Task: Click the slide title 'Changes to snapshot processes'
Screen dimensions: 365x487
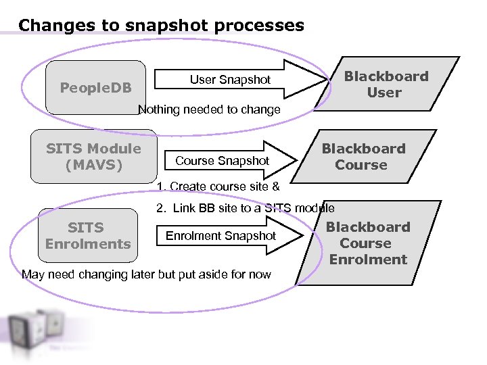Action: [161, 26]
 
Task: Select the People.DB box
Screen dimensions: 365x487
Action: [95, 87]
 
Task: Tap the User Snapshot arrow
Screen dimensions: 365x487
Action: [230, 80]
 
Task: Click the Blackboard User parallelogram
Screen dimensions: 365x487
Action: [386, 84]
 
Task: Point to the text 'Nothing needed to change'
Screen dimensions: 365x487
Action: [209, 109]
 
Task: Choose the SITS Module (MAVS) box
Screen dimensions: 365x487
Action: [93, 157]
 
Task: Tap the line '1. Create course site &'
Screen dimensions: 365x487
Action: [218, 187]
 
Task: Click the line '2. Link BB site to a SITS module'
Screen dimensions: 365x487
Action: [245, 208]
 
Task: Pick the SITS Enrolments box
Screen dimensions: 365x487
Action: [88, 235]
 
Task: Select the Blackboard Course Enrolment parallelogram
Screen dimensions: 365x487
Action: [368, 243]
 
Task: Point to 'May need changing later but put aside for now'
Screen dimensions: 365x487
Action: [146, 274]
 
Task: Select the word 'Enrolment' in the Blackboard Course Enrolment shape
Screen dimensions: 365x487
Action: [368, 260]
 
